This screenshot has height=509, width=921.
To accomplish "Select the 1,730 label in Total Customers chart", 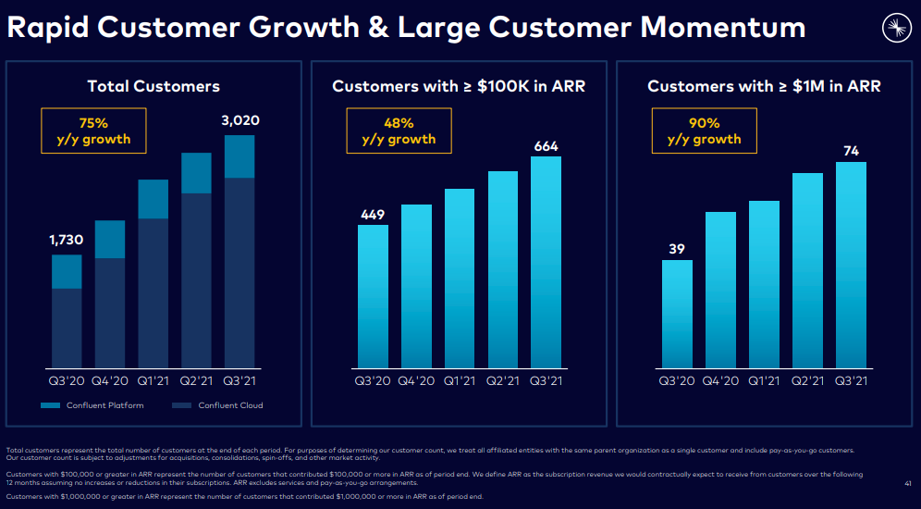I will point(67,240).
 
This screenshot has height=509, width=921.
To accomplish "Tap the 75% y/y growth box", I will point(93,130).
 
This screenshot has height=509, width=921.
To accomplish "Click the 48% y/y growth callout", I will point(399,130).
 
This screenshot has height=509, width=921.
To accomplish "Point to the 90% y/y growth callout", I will point(704,130).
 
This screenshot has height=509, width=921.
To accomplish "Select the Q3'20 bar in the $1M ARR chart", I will point(677,313).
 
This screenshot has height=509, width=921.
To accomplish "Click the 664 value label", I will point(546,146).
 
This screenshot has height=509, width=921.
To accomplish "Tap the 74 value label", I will point(851,151).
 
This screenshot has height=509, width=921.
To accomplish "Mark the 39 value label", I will point(677,249).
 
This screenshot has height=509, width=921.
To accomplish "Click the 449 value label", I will point(373,215).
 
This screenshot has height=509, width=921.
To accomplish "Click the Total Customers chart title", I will point(153,86).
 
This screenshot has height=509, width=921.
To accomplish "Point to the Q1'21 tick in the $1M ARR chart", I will point(764,379).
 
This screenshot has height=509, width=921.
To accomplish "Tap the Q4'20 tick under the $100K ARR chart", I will point(416,379).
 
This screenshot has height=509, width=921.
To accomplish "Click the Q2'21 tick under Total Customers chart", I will point(196,379).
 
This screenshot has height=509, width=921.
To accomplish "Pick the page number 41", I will point(908,483).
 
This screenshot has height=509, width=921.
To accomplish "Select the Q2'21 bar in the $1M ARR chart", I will point(807,269).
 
